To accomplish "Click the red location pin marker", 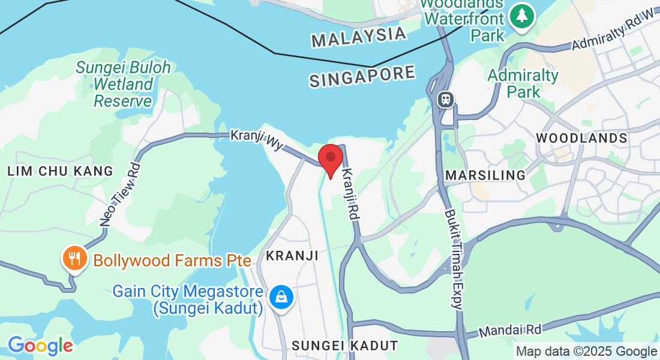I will [x=330, y=159].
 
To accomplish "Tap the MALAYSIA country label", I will [x=359, y=37].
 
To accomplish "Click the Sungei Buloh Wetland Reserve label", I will [x=123, y=84].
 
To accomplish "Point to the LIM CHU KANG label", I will [x=60, y=171].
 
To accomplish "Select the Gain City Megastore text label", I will [x=188, y=300].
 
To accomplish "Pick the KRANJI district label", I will [x=292, y=256].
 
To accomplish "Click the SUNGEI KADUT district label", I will [x=344, y=346].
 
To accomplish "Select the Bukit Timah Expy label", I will [x=454, y=259].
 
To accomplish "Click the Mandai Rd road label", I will [x=510, y=330].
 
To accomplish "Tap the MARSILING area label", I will [x=486, y=175].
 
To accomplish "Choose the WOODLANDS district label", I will [x=581, y=138].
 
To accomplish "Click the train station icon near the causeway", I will [x=446, y=99].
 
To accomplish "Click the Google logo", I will [x=40, y=346].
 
